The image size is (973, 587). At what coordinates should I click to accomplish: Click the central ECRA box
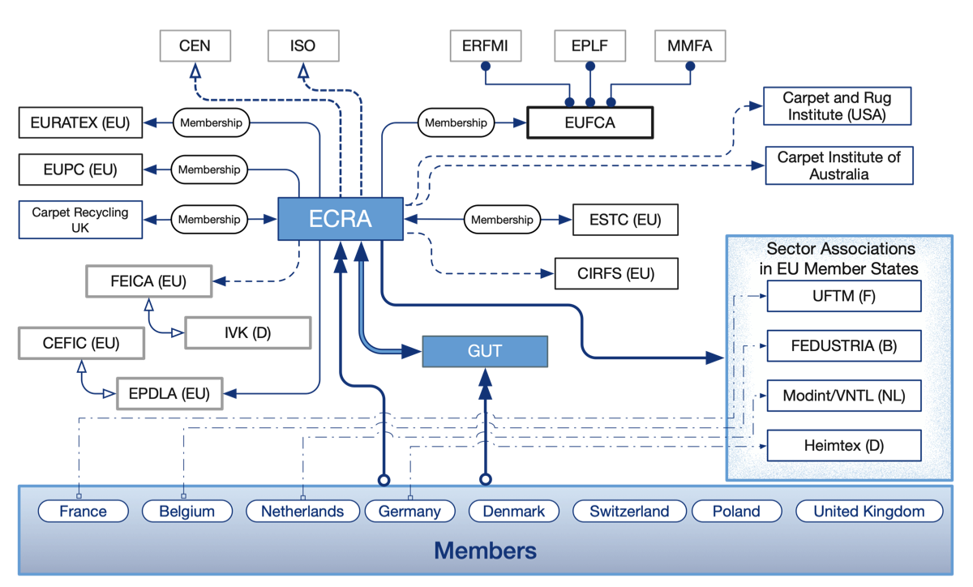tap(341, 219)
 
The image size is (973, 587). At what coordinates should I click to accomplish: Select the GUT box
tap(485, 352)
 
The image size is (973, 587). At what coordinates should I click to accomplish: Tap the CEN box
tap(195, 46)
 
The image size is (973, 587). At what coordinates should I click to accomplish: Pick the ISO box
tap(302, 46)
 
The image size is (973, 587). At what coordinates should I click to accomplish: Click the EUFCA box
tap(589, 123)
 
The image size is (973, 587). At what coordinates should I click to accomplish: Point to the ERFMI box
tap(486, 46)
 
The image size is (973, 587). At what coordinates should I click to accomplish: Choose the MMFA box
tap(689, 46)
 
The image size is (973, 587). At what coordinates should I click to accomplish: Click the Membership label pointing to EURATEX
tap(211, 123)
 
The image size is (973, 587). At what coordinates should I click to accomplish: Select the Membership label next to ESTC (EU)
tap(503, 220)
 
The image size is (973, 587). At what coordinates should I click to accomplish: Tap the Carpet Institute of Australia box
tap(839, 166)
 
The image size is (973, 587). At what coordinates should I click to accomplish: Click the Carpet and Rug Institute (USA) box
tap(837, 106)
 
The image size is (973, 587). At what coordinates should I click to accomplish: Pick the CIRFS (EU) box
tap(616, 274)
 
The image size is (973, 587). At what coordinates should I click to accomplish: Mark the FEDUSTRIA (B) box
tap(844, 346)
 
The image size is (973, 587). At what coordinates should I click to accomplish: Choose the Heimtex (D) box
tap(844, 446)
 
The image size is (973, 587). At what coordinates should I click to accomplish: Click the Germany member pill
tap(409, 512)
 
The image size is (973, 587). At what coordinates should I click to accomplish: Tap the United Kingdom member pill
tap(868, 512)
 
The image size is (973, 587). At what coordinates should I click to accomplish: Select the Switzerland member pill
tap(629, 512)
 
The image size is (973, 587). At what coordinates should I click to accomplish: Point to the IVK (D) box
tap(247, 333)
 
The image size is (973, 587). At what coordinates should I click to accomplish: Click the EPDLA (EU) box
tap(169, 395)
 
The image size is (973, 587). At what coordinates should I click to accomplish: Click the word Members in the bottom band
tap(485, 551)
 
